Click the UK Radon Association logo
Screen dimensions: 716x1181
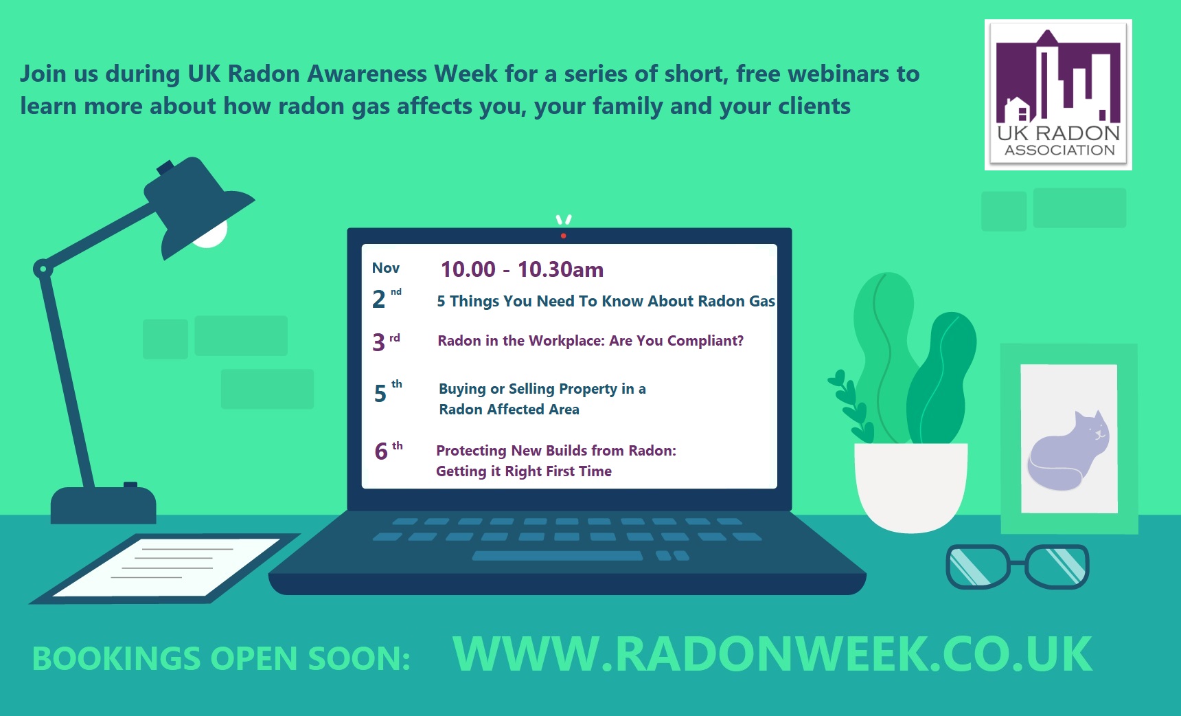(x=1058, y=94)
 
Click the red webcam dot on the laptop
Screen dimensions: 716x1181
(x=563, y=236)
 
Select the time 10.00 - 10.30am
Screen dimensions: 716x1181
(x=522, y=269)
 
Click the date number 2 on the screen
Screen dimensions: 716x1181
(x=379, y=300)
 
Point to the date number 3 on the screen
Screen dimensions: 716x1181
(x=379, y=342)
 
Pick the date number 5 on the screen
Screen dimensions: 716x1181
(x=380, y=394)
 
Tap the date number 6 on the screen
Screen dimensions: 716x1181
(x=381, y=451)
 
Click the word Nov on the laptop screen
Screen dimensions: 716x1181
(x=386, y=268)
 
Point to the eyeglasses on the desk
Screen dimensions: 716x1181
(x=1017, y=566)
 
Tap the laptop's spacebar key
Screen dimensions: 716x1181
(x=558, y=556)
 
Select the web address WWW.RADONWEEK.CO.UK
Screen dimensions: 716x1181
(x=772, y=654)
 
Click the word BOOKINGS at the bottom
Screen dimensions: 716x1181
(x=116, y=658)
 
